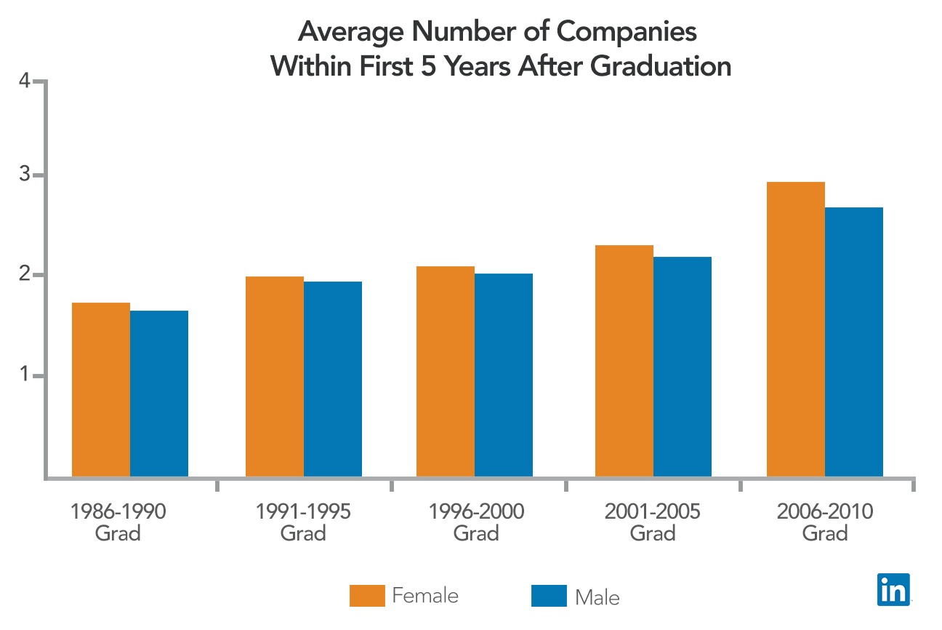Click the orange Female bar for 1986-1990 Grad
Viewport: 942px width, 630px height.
100,389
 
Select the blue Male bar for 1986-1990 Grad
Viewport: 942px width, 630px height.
158,394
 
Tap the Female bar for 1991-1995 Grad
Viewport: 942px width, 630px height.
274,376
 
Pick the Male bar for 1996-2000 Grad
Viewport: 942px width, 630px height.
503,375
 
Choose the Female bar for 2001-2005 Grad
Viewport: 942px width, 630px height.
624,361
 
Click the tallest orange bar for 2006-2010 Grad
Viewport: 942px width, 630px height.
796,329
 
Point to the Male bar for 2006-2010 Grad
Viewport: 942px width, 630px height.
854,342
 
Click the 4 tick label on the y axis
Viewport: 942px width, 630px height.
25,81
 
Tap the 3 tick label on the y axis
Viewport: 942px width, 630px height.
25,175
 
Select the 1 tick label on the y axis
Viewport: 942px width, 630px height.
25,376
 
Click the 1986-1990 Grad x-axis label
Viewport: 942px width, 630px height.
118,522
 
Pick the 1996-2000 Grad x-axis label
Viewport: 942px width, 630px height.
476,522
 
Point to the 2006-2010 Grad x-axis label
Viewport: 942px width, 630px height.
825,522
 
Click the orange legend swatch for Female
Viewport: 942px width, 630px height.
367,595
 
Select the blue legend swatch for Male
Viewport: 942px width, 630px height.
549,595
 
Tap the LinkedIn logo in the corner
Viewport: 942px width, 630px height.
893,589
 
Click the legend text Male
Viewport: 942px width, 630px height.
597,597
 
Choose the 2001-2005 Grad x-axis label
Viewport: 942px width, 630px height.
652,522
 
